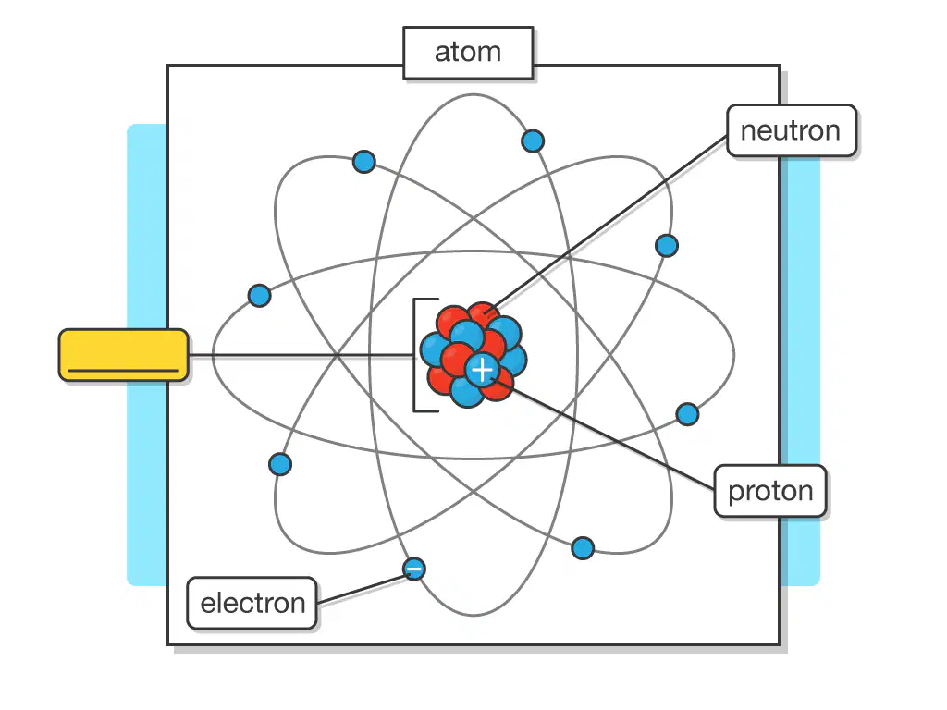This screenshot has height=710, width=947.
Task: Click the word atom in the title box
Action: pyautogui.click(x=468, y=52)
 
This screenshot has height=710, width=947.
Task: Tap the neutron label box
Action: pyautogui.click(x=792, y=130)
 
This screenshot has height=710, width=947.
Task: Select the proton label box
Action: pyautogui.click(x=770, y=491)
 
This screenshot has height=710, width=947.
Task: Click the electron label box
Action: pyautogui.click(x=252, y=603)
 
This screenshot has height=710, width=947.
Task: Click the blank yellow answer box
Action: pyautogui.click(x=123, y=355)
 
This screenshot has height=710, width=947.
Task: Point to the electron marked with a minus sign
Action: pyautogui.click(x=413, y=569)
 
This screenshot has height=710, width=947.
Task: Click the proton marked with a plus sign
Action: pyautogui.click(x=482, y=370)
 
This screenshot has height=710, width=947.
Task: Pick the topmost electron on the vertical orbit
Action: pyautogui.click(x=532, y=141)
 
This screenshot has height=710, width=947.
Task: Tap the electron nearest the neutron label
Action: pyautogui.click(x=666, y=246)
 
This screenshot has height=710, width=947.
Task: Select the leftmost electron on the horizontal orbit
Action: pyautogui.click(x=259, y=296)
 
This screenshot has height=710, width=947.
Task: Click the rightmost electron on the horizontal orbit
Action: pyautogui.click(x=687, y=414)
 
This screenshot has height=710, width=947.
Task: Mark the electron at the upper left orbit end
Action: pyautogui.click(x=363, y=162)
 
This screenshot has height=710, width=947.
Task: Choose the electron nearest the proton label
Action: pyautogui.click(x=687, y=414)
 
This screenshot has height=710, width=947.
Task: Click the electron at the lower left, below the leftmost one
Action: pyautogui.click(x=279, y=464)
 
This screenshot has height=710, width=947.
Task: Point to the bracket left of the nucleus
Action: pyautogui.click(x=415, y=355)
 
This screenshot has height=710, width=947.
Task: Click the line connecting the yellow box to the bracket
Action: pyautogui.click(x=301, y=355)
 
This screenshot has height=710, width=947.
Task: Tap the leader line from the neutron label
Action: pyautogui.click(x=610, y=223)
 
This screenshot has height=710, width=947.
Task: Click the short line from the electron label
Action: pyautogui.click(x=362, y=589)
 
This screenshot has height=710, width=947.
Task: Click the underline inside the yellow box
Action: pyautogui.click(x=123, y=370)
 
